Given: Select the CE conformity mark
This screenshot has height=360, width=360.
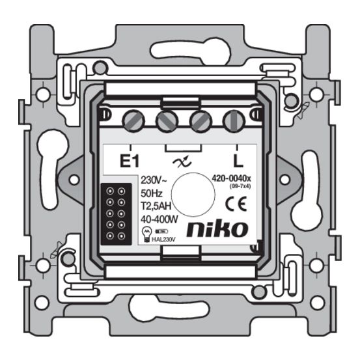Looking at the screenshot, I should [232, 204].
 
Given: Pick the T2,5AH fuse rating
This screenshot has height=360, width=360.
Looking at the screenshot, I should [156, 206].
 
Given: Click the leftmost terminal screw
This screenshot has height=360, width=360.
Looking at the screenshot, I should [134, 120].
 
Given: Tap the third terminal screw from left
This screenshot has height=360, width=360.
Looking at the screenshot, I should [199, 121].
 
